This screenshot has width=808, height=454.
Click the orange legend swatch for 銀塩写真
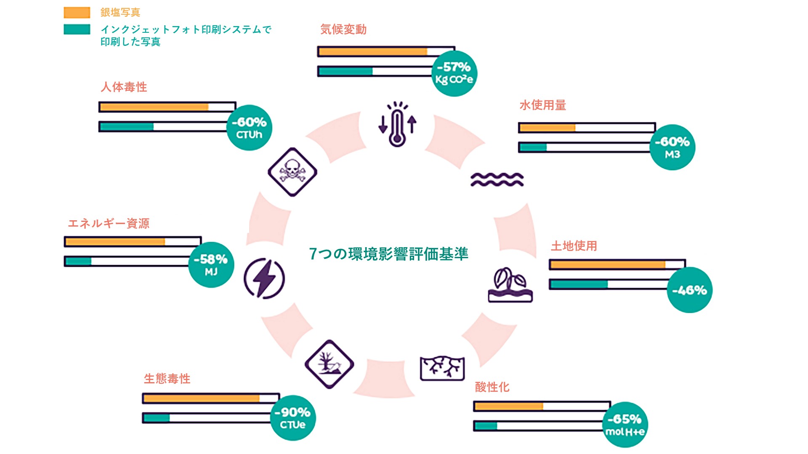point(77,13)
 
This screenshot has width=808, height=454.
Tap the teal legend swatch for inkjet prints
point(77,29)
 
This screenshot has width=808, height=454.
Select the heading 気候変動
point(343,29)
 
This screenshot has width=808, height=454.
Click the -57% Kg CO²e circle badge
point(454,74)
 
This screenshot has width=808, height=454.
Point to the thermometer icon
point(397,124)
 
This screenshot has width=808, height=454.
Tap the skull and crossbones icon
point(292,172)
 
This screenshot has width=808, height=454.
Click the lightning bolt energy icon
point(264,279)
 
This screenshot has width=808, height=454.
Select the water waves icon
point(497,179)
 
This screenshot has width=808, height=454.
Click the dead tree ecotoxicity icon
point(329,364)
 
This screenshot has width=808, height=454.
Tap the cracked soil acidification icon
point(442,368)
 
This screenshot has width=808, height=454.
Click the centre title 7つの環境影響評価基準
point(388,254)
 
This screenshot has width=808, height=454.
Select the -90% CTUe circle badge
point(293,418)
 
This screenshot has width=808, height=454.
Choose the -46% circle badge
point(690,290)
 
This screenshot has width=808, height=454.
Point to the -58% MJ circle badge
point(211,265)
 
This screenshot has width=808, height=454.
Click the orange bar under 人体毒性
point(154,107)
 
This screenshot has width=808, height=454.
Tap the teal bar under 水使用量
point(533,147)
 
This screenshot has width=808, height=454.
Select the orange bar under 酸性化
point(509,406)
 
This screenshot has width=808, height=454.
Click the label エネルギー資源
point(109,223)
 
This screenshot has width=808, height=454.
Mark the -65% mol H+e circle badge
point(625,425)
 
